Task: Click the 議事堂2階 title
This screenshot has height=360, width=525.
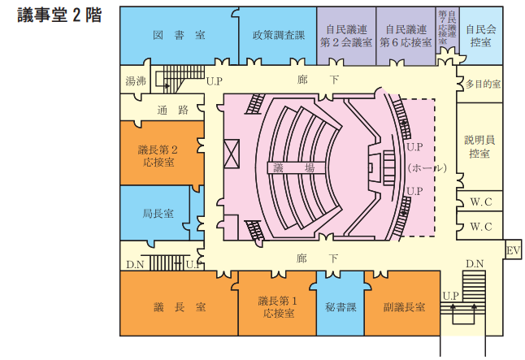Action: coord(59,15)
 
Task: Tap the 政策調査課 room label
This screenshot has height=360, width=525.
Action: coord(278,35)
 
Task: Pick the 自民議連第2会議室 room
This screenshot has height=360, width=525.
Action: coord(345,35)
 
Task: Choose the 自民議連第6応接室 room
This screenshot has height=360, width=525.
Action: coord(405,35)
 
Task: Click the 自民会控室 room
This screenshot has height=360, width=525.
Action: coord(480,35)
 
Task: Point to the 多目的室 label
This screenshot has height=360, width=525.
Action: coord(483,84)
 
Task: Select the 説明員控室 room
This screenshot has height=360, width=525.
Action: coord(479,146)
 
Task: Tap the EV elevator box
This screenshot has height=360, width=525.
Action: coord(513,250)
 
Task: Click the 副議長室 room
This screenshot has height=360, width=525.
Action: coord(405,307)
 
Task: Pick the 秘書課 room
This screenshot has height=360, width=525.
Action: coord(340,307)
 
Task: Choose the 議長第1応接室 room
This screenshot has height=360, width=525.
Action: coord(279,306)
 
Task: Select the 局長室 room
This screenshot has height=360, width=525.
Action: coord(158,214)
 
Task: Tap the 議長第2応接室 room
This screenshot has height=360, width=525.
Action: coord(158,154)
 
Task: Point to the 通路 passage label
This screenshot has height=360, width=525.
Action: coord(172,109)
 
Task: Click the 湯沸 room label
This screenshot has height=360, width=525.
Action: coord(135,81)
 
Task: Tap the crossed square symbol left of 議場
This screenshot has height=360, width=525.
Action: coord(231,153)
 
